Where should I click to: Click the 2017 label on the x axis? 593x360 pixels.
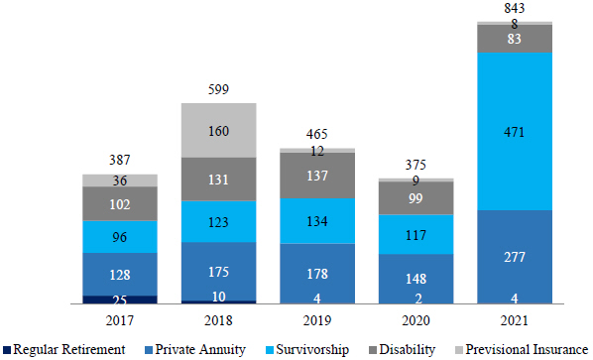pyautogui.click(x=120, y=320)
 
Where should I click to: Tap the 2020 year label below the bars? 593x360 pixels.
pyautogui.click(x=415, y=320)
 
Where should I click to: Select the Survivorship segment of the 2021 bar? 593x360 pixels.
pyautogui.click(x=515, y=131)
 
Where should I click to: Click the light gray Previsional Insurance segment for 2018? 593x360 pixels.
pyautogui.click(x=218, y=131)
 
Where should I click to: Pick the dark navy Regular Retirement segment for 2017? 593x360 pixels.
pyautogui.click(x=120, y=300)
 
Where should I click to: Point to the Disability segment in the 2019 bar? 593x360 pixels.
pyautogui.click(x=317, y=176)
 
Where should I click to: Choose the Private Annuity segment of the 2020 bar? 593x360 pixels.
pyautogui.click(x=415, y=279)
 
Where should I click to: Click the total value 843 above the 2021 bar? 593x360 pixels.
pyautogui.click(x=515, y=8)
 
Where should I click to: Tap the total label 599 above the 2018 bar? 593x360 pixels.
pyautogui.click(x=218, y=89)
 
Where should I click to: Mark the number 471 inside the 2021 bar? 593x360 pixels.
pyautogui.click(x=515, y=132)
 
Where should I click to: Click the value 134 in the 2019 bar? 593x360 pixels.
pyautogui.click(x=317, y=221)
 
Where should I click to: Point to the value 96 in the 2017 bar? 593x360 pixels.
pyautogui.click(x=120, y=237)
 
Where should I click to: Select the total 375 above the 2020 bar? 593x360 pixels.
pyautogui.click(x=415, y=165)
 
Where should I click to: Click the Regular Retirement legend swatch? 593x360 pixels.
pyautogui.click(x=6, y=349)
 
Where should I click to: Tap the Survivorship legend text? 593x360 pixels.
pyautogui.click(x=312, y=349)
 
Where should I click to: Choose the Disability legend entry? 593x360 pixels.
pyautogui.click(x=402, y=349)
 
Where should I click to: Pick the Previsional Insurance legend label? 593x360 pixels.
pyautogui.click(x=527, y=349)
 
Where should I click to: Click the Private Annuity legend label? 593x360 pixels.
pyautogui.click(x=200, y=349)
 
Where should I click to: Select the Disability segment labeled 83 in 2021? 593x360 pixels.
pyautogui.click(x=515, y=39)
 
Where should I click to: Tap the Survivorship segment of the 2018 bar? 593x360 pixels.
pyautogui.click(x=218, y=221)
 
